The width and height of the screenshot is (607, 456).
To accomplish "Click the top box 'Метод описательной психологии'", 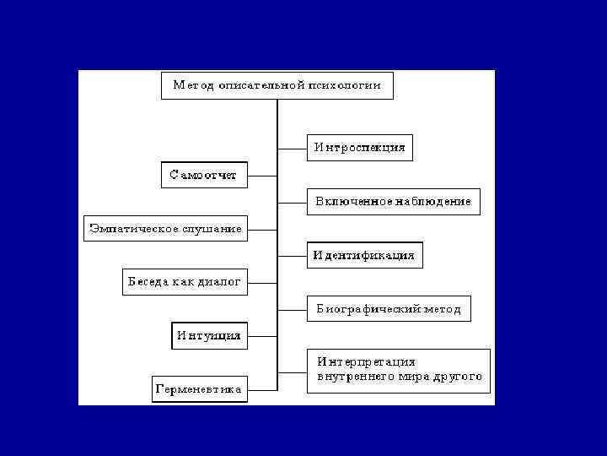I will tap(277, 85).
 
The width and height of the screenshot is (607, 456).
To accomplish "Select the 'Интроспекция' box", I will tap(360, 148).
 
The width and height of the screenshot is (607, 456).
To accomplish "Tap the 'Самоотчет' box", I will tap(204, 176).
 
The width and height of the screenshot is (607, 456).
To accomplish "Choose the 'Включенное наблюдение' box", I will tap(393, 202).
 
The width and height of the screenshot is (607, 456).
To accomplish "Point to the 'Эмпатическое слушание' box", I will tap(166, 228).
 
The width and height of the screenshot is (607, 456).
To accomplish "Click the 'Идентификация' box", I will tap(364, 255).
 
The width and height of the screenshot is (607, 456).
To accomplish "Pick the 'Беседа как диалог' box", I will tap(185, 281).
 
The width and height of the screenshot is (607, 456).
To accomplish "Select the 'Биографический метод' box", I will tap(389, 309).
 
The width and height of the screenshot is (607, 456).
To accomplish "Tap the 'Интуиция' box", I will tap(209, 335).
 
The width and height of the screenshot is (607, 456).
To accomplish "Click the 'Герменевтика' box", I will tap(199, 389).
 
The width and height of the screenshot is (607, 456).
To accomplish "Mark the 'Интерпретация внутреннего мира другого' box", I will tap(399, 369).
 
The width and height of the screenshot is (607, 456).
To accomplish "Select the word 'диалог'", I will tap(220, 281).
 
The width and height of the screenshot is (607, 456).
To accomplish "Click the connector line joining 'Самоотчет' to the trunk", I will tap(262, 176).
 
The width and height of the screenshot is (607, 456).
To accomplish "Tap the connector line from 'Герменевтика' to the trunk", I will tap(262, 389).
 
